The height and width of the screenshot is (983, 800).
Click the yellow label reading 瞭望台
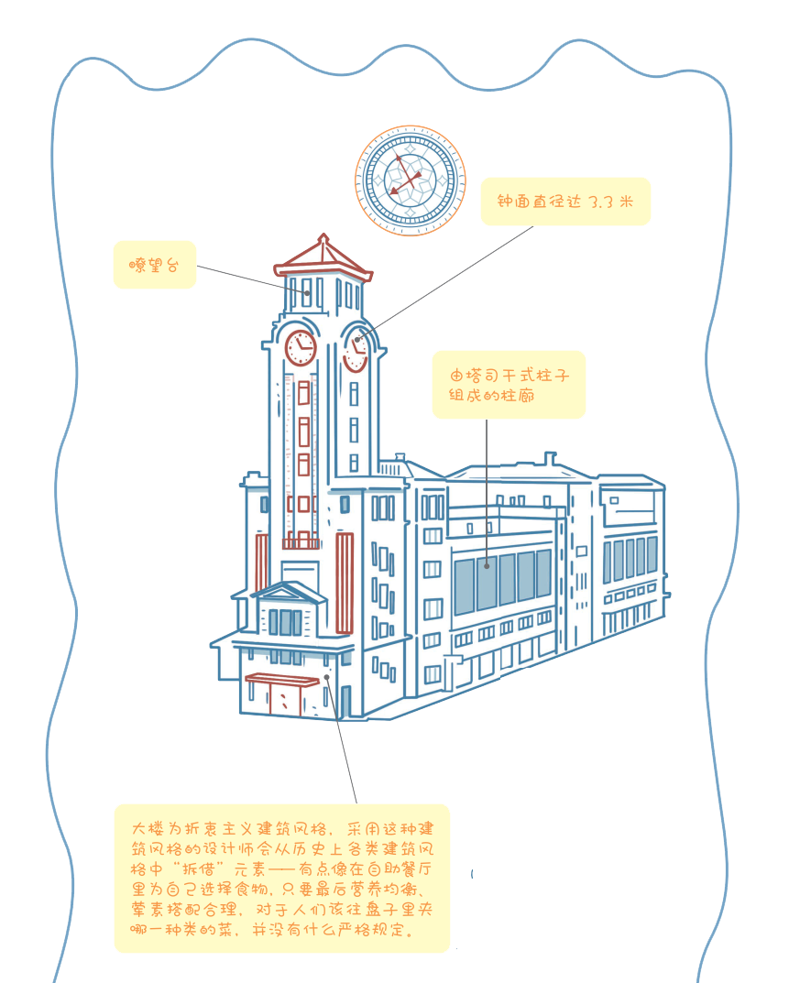pos(154,265)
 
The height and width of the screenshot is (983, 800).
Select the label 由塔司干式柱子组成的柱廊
pos(508,385)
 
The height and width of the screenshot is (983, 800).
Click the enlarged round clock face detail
pos(410,180)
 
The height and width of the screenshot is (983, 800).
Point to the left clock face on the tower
pos(301,347)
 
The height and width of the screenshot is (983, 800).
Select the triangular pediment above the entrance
pos(289,592)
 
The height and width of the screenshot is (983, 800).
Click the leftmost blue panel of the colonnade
pos(465,586)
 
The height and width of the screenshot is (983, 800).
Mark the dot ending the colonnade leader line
pos(487,566)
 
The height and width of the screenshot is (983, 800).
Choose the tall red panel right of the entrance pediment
pos(345,584)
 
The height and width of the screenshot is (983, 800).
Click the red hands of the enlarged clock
pos(402,177)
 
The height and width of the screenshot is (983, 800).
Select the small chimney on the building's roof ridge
pos(549,458)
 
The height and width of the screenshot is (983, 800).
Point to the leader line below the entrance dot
pos(345,747)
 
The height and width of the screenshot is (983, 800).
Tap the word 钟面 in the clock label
pos(513,202)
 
